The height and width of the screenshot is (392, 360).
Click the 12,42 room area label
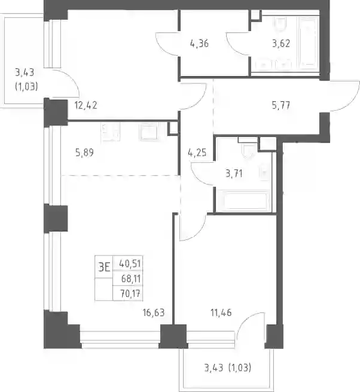[x=86, y=105]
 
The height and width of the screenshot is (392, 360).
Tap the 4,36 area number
[x=199, y=44]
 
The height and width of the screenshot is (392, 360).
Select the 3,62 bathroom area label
[x=281, y=44]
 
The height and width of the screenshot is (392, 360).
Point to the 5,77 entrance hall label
[x=281, y=105]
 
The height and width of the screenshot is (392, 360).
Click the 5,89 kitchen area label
[x=84, y=153]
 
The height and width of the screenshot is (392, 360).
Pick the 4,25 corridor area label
[x=197, y=153]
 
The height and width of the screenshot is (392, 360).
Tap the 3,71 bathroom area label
[x=234, y=174]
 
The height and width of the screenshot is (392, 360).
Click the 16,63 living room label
[x=154, y=313]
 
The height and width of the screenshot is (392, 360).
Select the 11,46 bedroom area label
[x=221, y=313]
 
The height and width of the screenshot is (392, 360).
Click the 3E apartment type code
[x=104, y=268]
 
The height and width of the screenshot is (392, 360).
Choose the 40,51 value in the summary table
[x=130, y=263]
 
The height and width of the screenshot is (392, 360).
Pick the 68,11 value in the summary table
[x=131, y=278]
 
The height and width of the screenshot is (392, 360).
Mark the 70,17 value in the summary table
[x=130, y=293]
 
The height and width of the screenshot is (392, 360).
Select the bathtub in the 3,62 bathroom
[x=309, y=42]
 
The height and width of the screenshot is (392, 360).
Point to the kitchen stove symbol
[x=110, y=132]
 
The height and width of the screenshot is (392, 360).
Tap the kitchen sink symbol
[x=148, y=132]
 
